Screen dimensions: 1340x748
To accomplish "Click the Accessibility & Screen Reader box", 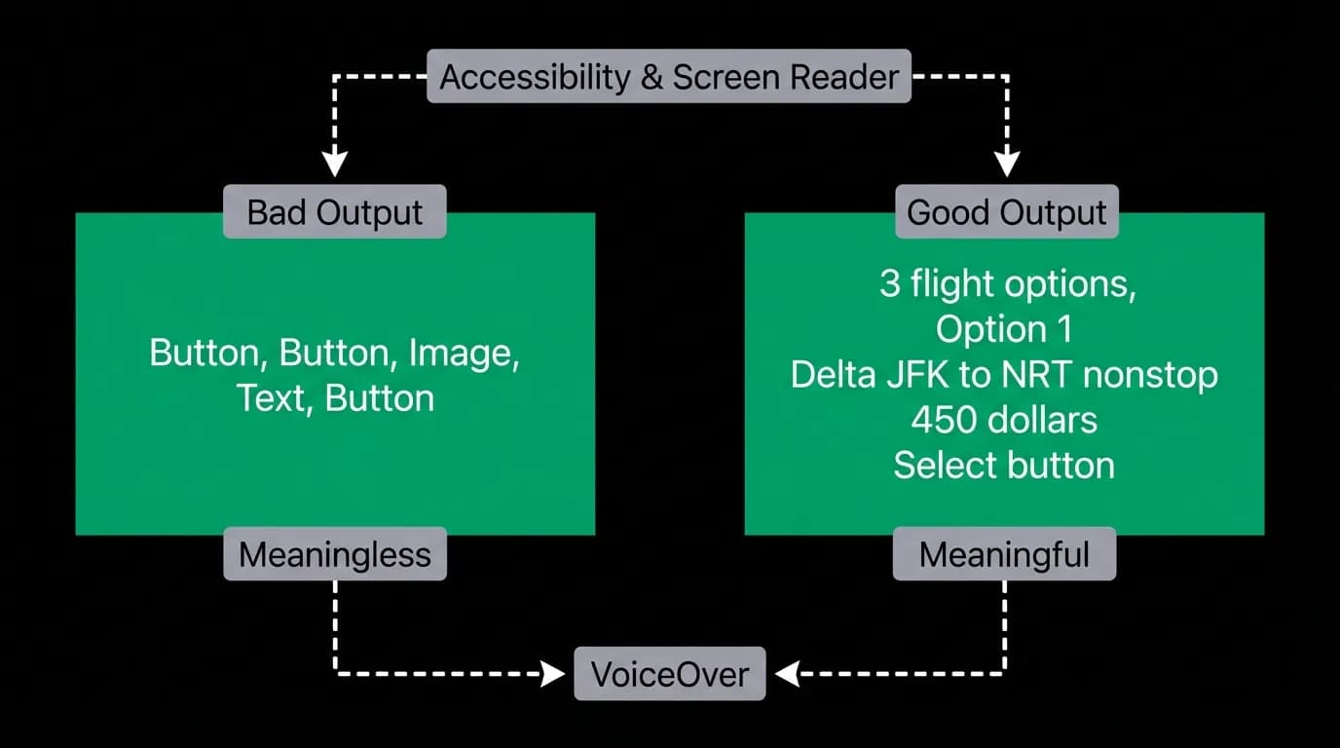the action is (x=669, y=76).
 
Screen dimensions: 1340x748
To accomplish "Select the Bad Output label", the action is (x=335, y=211).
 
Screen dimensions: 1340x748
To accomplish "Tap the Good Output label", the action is (x=1007, y=211).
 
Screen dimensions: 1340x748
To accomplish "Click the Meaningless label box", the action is (x=335, y=553).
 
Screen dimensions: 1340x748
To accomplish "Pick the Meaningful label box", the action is (x=1004, y=553).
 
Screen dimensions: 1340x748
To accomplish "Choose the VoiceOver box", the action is (x=670, y=673).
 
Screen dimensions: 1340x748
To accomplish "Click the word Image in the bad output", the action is (x=465, y=353).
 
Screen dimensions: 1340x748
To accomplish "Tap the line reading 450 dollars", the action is (x=1004, y=420).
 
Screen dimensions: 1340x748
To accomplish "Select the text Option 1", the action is (x=1004, y=329).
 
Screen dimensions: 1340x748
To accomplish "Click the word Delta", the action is (x=834, y=375).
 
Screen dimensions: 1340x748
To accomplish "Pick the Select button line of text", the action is (x=1004, y=465).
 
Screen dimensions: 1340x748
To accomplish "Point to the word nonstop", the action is (x=1150, y=376).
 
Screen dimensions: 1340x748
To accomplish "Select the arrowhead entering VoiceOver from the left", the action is (x=553, y=674).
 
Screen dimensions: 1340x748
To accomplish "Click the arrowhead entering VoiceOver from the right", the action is (x=787, y=674).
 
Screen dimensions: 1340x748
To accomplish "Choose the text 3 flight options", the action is (x=1007, y=284).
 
